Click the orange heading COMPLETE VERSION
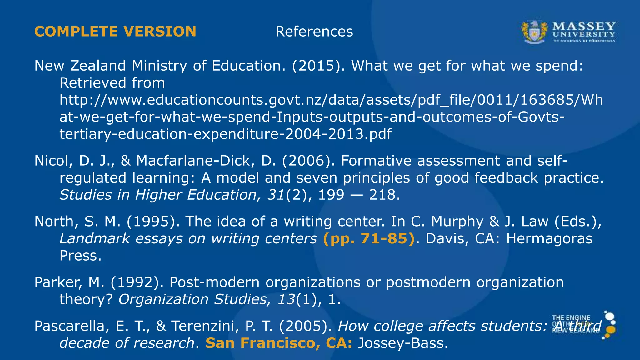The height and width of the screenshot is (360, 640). point(115,32)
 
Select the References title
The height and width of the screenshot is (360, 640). point(314,32)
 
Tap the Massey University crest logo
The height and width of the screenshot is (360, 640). point(534,32)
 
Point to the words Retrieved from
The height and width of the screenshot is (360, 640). point(112,83)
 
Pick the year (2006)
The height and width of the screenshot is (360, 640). point(308,161)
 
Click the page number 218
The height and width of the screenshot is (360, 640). point(384,195)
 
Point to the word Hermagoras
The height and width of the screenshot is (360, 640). point(549,238)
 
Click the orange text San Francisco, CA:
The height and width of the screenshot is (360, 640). point(279,343)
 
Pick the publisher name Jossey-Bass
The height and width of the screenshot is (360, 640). point(403,343)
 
